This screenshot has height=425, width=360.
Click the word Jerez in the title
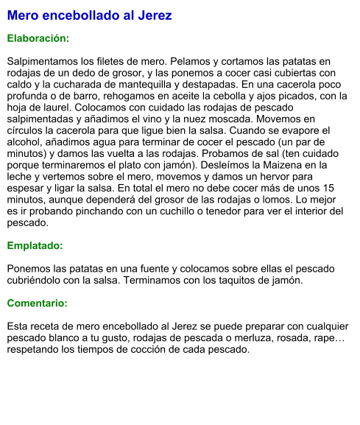click(155, 15)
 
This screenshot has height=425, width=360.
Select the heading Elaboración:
click(38, 38)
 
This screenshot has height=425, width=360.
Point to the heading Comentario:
click(37, 303)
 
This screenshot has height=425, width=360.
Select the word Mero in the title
click(23, 15)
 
